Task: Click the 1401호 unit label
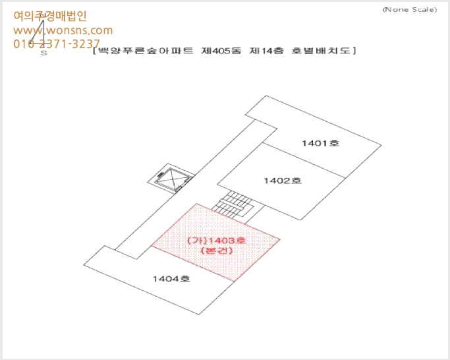tap(321, 143)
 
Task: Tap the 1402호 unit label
tap(283, 181)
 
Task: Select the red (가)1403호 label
tap(217, 241)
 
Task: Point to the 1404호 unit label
tap(171, 278)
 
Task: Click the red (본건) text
tap(217, 251)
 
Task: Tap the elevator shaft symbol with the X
tap(171, 178)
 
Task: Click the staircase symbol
tap(233, 204)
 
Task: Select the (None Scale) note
tap(410, 9)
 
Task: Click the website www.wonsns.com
tap(63, 30)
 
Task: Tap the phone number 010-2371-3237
tap(57, 44)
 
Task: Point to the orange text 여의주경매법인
tap(50, 16)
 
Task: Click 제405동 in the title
tap(221, 51)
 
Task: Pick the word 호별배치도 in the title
tap(321, 51)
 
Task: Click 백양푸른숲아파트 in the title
tap(146, 51)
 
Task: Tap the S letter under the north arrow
tap(44, 53)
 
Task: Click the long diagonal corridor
tap(196, 190)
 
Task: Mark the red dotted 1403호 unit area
tap(215, 242)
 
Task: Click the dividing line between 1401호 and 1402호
tap(304, 160)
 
